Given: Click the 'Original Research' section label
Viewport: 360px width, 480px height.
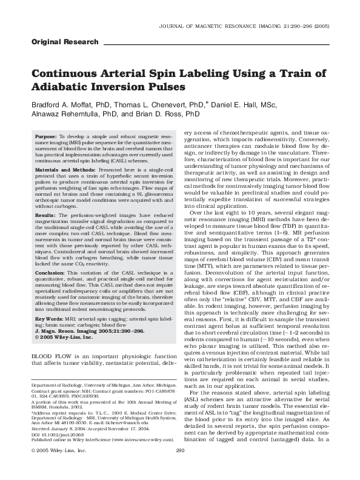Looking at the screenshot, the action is pos(64,42).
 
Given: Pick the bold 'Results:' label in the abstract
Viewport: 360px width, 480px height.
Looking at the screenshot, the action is pos(45,216).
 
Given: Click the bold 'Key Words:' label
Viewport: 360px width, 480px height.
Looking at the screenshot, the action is pos(49,318).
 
